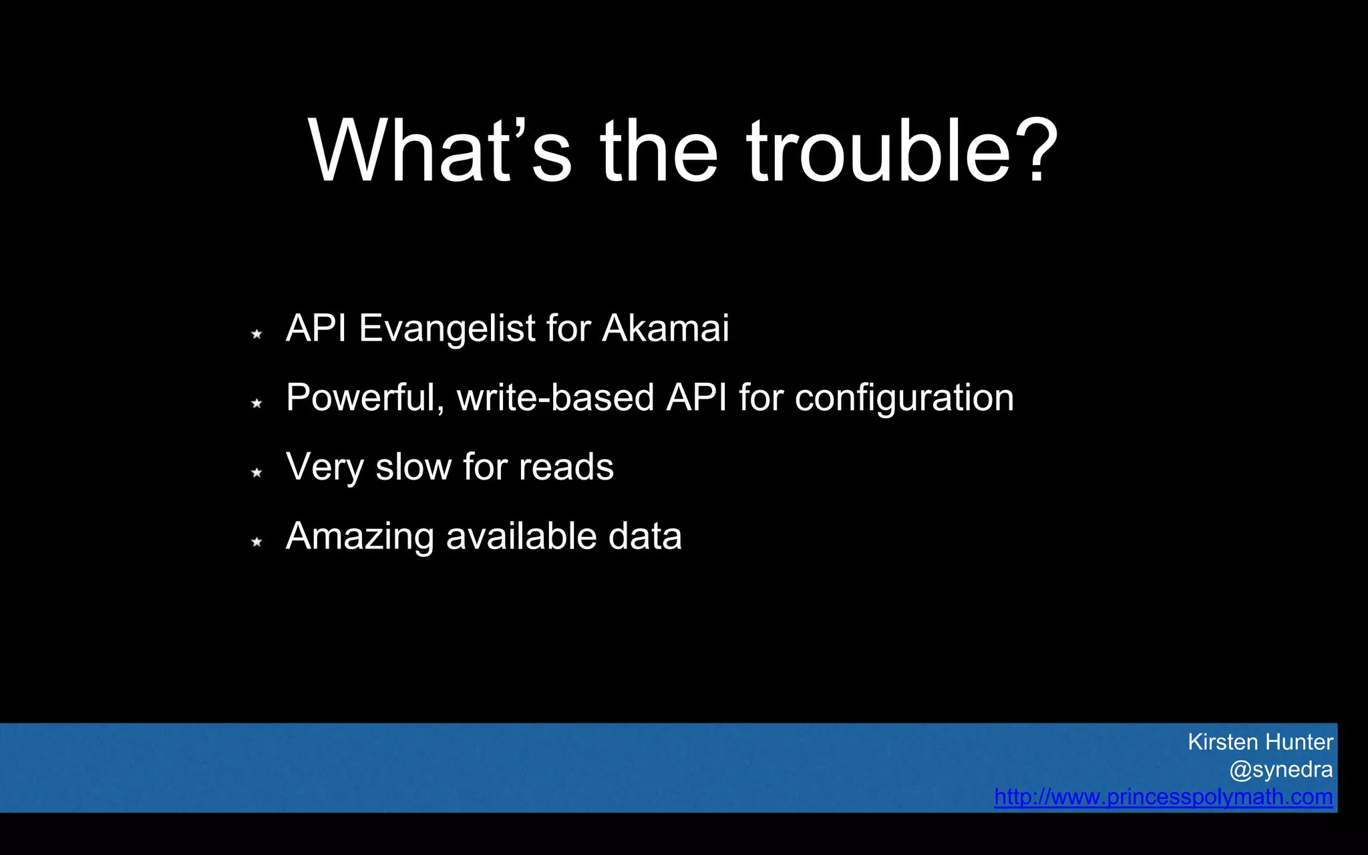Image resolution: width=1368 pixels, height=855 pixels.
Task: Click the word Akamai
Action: point(665,328)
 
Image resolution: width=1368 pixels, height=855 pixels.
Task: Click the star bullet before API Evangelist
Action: point(256,333)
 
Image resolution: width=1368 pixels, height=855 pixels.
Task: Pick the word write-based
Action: point(556,397)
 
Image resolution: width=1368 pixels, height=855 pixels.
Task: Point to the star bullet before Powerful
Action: point(256,403)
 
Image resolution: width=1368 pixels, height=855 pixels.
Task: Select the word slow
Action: point(413,466)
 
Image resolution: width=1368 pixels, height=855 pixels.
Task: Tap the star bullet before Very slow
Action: point(256,472)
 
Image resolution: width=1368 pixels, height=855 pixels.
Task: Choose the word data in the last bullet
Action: point(645,536)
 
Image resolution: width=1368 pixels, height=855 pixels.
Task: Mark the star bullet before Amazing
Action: point(256,542)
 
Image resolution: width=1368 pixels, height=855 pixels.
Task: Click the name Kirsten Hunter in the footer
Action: point(1260,741)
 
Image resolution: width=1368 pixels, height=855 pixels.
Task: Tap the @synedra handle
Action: point(1280,769)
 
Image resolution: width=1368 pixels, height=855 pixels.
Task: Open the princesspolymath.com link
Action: point(1163,797)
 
